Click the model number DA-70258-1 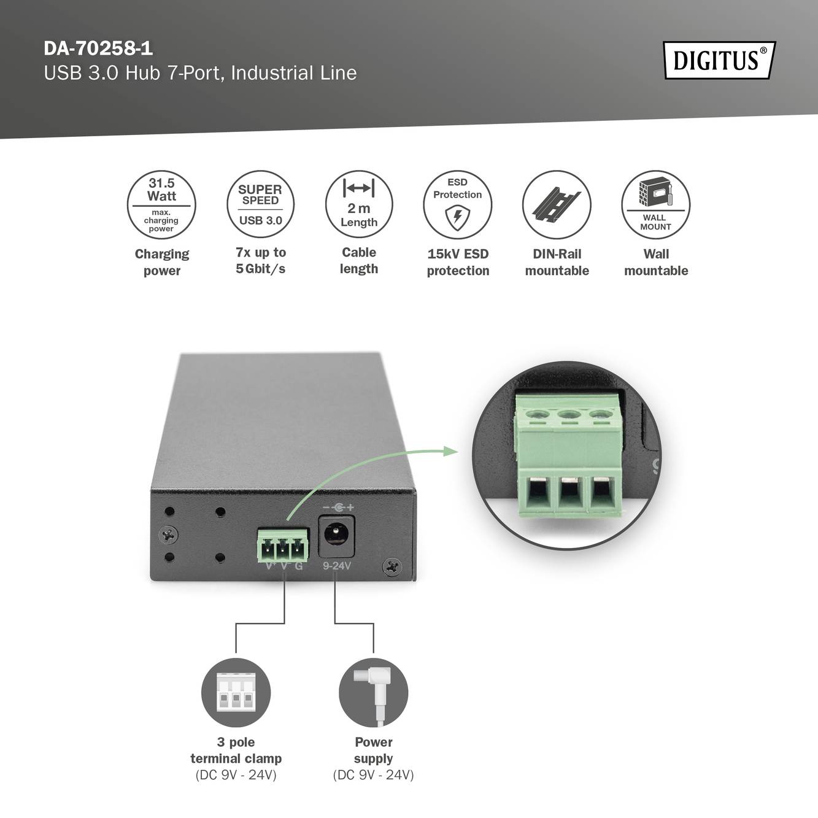pos(98,48)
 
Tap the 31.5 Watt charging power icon pos(161,205)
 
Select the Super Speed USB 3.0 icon pos(260,205)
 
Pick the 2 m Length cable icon pos(359,205)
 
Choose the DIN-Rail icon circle pos(557,205)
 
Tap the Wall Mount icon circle pos(655,205)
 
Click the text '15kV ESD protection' pos(458,262)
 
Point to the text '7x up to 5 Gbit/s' pos(260,261)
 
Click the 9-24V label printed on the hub pos(337,566)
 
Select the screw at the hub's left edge pos(168,535)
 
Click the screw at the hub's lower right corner pos(392,566)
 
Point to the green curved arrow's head pos(452,452)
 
